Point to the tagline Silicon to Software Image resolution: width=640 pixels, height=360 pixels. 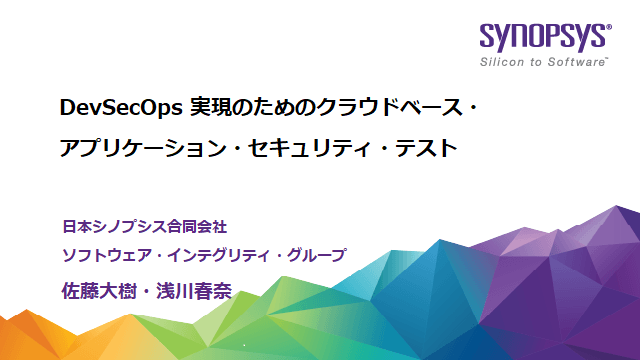pyautogui.click(x=544, y=63)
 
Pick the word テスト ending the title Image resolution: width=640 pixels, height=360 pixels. pyautogui.click(x=427, y=148)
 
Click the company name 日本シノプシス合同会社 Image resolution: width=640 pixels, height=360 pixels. pyautogui.click(x=152, y=227)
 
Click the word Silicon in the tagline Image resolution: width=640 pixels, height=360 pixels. pyautogui.click(x=502, y=63)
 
